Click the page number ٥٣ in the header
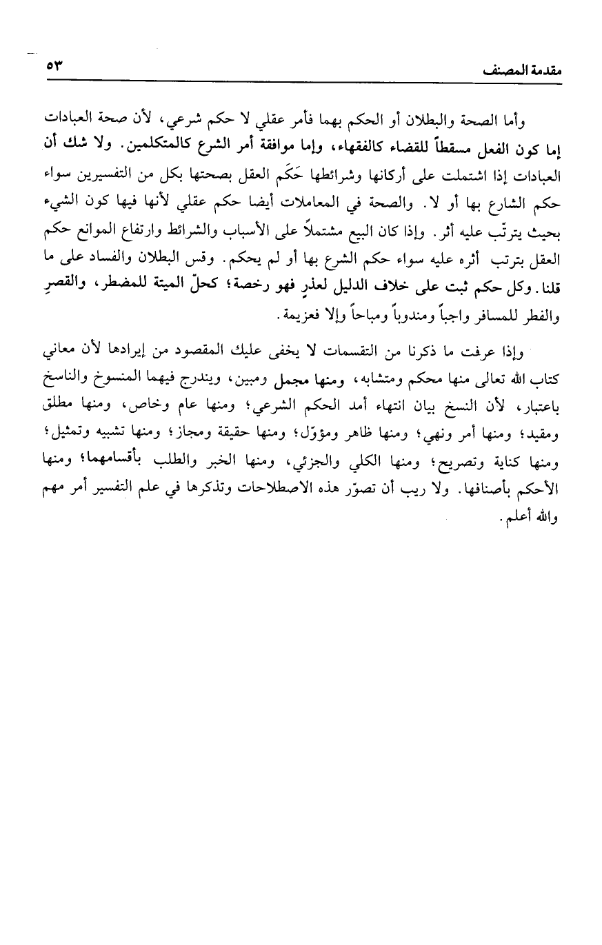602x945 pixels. pos(54,67)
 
